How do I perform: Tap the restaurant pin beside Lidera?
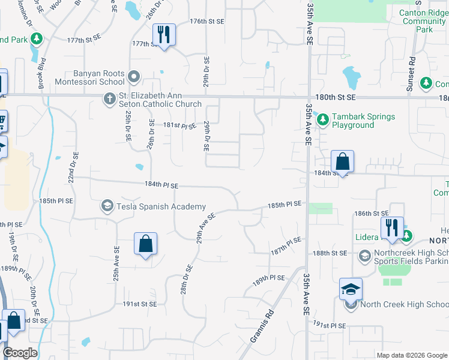pos(392,227)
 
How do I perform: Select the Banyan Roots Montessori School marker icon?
pos(134,77)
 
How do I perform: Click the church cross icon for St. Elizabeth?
pos(109,98)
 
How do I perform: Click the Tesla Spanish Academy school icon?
pos(107,206)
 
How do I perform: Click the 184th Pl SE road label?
pos(161,185)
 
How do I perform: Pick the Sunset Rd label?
pos(411,74)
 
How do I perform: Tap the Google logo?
pos(20,352)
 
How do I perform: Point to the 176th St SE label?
pos(207,21)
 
